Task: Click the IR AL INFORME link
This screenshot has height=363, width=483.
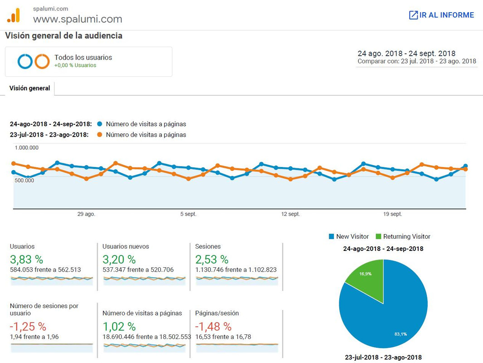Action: point(441,15)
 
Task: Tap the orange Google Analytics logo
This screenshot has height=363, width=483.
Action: point(14,15)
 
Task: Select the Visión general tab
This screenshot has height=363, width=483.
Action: point(29,88)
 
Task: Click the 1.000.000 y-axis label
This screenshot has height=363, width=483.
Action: point(26,147)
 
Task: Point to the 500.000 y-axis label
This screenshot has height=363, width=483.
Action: point(24,180)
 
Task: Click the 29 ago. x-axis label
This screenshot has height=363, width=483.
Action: point(86,214)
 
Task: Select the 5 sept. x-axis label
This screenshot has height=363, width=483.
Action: point(188,214)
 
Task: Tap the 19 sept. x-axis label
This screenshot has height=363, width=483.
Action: point(392,214)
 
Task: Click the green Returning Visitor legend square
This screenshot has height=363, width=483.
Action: point(379,236)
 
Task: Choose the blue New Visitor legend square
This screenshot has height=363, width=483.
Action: point(332,236)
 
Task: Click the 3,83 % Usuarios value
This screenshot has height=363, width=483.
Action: point(26,260)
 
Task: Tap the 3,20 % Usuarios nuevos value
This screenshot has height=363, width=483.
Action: point(119,260)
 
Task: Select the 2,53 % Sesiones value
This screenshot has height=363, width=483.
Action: point(212,260)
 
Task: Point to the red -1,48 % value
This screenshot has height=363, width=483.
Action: point(213,326)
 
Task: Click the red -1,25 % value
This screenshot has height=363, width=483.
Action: point(28,326)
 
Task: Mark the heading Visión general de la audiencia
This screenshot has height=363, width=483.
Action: point(64,36)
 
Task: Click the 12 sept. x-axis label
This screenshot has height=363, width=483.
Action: point(290,214)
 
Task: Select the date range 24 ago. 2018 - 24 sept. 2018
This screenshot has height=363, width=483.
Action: point(406,53)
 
